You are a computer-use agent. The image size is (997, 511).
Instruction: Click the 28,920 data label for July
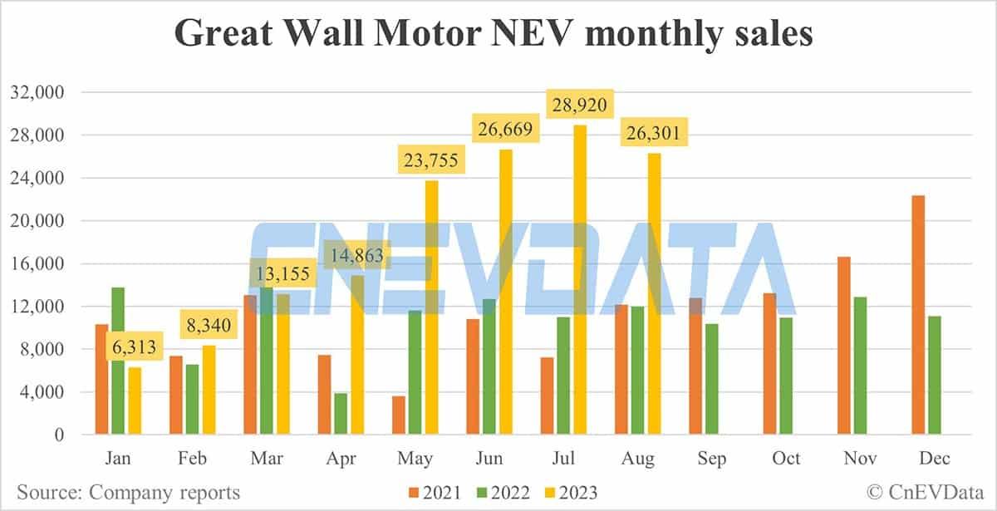(580, 105)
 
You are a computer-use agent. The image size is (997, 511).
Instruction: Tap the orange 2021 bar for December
(918, 315)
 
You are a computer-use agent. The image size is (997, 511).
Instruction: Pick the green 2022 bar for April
(339, 414)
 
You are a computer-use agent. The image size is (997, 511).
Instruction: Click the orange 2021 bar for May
(398, 415)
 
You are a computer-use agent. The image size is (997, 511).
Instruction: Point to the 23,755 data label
(431, 157)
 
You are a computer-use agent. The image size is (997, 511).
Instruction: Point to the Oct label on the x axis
(786, 459)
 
